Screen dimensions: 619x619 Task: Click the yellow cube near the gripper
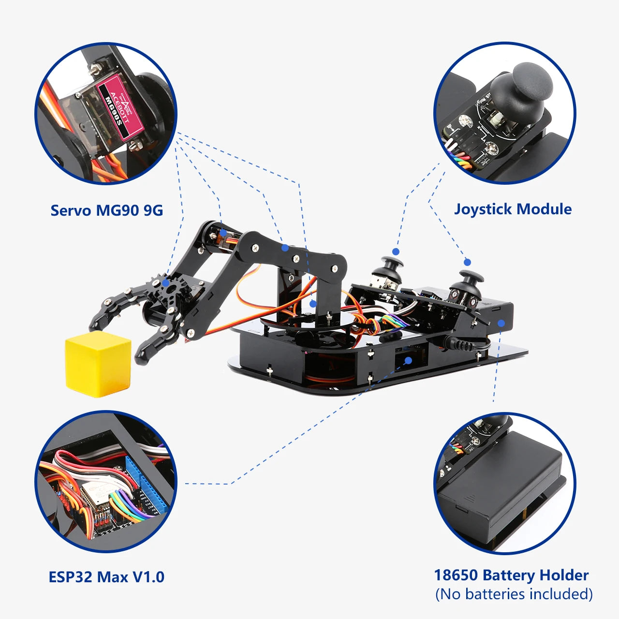(98, 364)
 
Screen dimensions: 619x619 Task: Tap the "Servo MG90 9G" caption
(106, 210)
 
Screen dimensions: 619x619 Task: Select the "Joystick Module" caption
(513, 209)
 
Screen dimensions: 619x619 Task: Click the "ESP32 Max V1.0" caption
(106, 577)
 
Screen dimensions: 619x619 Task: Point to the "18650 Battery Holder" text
(511, 575)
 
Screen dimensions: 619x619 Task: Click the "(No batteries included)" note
(514, 594)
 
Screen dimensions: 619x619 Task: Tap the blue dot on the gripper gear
(166, 282)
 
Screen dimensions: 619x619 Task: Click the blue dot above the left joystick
(396, 251)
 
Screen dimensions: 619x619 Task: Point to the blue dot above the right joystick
(467, 262)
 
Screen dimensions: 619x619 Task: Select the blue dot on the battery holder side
(501, 323)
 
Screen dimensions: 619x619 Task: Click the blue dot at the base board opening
(409, 360)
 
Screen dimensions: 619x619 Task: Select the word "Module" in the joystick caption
(544, 209)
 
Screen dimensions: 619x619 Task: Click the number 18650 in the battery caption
(456, 575)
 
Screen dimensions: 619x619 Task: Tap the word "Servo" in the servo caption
(71, 210)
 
